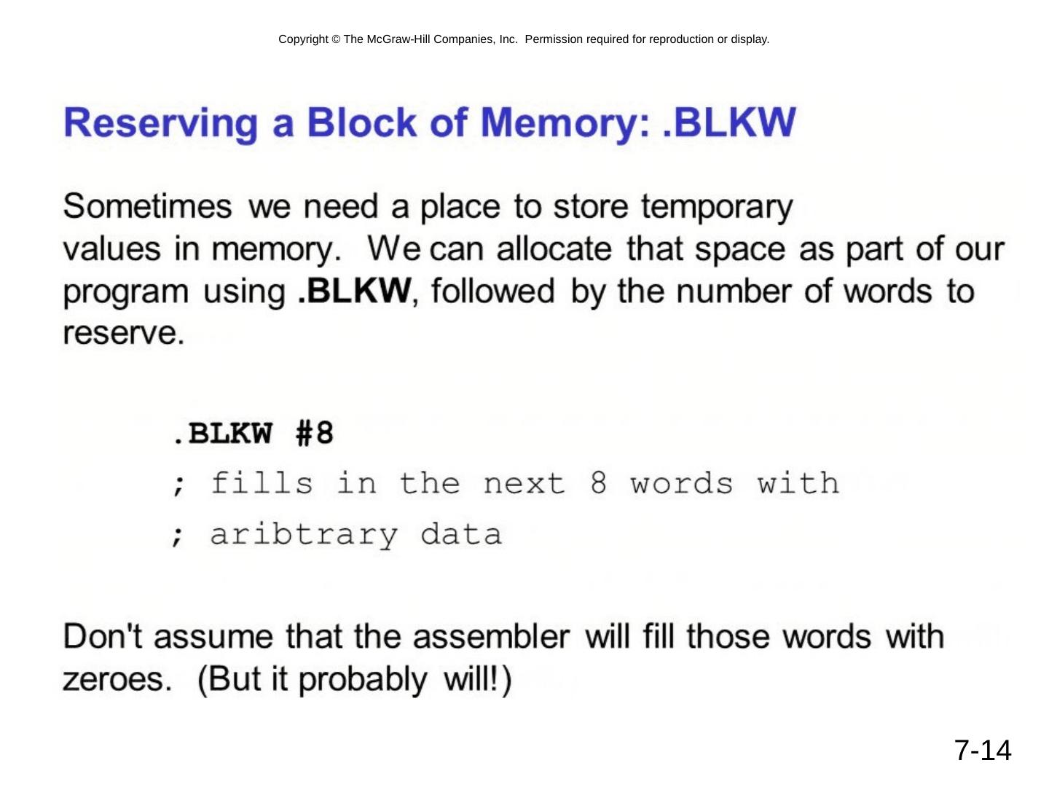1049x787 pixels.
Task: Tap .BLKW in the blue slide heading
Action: [x=731, y=122]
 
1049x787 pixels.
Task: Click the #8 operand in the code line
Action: [x=315, y=434]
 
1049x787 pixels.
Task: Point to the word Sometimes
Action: [x=147, y=207]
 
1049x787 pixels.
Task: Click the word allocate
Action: [x=554, y=249]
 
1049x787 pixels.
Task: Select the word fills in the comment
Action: [x=262, y=484]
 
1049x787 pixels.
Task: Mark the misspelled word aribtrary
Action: [x=304, y=535]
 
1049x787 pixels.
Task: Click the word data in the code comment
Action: [x=461, y=535]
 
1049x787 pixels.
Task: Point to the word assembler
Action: [x=491, y=637]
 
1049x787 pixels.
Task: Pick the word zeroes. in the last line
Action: [x=117, y=679]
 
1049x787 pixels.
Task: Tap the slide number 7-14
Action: [x=983, y=751]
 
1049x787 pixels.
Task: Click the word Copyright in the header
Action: [x=303, y=39]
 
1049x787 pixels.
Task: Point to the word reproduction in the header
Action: [x=681, y=39]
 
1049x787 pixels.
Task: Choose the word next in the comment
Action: [x=524, y=484]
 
